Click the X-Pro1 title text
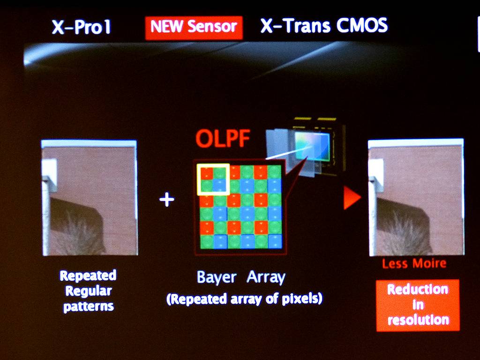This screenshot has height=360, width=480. (82, 27)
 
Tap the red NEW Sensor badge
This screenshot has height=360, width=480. (194, 28)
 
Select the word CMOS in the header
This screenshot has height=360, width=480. (362, 25)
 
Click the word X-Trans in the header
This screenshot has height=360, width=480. (295, 25)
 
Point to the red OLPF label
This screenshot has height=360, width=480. (223, 139)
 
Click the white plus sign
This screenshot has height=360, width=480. (167, 200)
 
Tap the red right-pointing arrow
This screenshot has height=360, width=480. (352, 198)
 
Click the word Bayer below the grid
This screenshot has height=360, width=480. (217, 277)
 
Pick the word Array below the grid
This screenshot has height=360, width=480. (266, 277)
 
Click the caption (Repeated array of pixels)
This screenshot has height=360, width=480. (244, 299)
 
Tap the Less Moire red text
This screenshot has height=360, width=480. (414, 263)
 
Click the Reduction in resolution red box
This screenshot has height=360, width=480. (418, 305)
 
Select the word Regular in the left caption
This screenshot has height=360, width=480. (89, 291)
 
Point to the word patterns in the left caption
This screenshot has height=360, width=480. (89, 307)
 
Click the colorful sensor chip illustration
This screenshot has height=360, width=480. (312, 146)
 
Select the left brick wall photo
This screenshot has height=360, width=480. (90, 198)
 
